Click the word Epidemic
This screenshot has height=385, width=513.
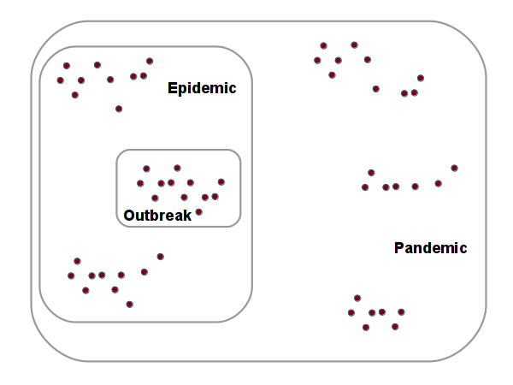pyautogui.click(x=202, y=88)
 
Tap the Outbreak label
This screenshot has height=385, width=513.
pyautogui.click(x=157, y=215)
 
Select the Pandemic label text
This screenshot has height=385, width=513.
pyautogui.click(x=430, y=248)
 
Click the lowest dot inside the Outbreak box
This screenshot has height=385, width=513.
pyautogui.click(x=198, y=211)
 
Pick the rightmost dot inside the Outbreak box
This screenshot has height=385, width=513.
pyautogui.click(x=221, y=181)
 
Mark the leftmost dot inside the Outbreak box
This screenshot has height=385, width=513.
pyautogui.click(x=140, y=183)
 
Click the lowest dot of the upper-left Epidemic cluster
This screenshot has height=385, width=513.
pyautogui.click(x=118, y=109)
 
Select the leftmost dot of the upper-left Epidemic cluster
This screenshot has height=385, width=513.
pyautogui.click(x=60, y=80)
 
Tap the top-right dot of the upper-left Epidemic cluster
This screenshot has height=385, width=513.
pyautogui.click(x=150, y=61)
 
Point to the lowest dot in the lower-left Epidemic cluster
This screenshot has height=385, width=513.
pyautogui.click(x=129, y=304)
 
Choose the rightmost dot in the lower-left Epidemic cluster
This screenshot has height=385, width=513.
pyautogui.click(x=160, y=256)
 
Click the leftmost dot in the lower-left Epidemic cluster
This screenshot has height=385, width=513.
pyautogui.click(x=71, y=275)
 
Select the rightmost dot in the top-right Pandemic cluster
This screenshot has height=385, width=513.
pyautogui.click(x=421, y=78)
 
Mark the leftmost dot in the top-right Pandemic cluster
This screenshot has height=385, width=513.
pyautogui.click(x=317, y=60)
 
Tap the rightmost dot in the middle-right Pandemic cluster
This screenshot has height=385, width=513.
pyautogui.click(x=454, y=168)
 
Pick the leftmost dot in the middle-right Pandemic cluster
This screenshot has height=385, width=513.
pyautogui.click(x=365, y=187)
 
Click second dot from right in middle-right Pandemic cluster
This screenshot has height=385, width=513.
pyautogui.click(x=438, y=183)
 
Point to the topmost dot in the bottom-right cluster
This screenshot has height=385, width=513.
pyautogui.click(x=357, y=298)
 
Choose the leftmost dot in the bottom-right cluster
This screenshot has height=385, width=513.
pyautogui.click(x=351, y=312)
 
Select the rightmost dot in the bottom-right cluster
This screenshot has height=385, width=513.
pyautogui.click(x=401, y=312)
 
